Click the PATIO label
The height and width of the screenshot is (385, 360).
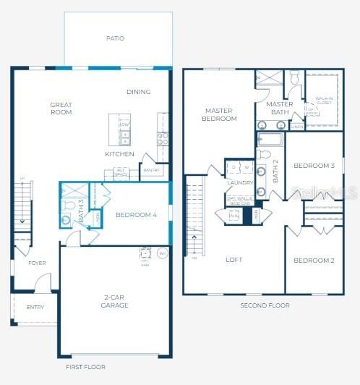click(x=116, y=38)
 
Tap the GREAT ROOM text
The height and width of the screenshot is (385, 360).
click(x=61, y=109)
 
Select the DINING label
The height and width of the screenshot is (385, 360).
click(x=139, y=92)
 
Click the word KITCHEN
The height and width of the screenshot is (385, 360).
click(x=119, y=154)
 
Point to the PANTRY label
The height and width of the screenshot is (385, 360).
click(x=151, y=171)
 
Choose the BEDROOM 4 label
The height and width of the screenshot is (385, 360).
click(x=136, y=215)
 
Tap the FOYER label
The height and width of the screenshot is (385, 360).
click(x=37, y=263)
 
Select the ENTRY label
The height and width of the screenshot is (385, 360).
click(x=35, y=307)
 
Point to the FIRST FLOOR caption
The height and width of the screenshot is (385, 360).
click(x=85, y=367)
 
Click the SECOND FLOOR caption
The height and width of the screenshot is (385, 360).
click(x=265, y=305)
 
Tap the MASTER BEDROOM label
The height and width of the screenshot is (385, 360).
click(x=218, y=114)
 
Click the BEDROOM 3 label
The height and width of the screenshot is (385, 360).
click(x=313, y=166)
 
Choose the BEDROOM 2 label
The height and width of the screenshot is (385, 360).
click(x=314, y=261)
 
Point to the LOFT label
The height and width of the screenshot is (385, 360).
click(x=233, y=259)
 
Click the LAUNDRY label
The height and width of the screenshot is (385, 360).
click(x=239, y=183)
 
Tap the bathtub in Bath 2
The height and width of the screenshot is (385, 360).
click(x=271, y=140)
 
